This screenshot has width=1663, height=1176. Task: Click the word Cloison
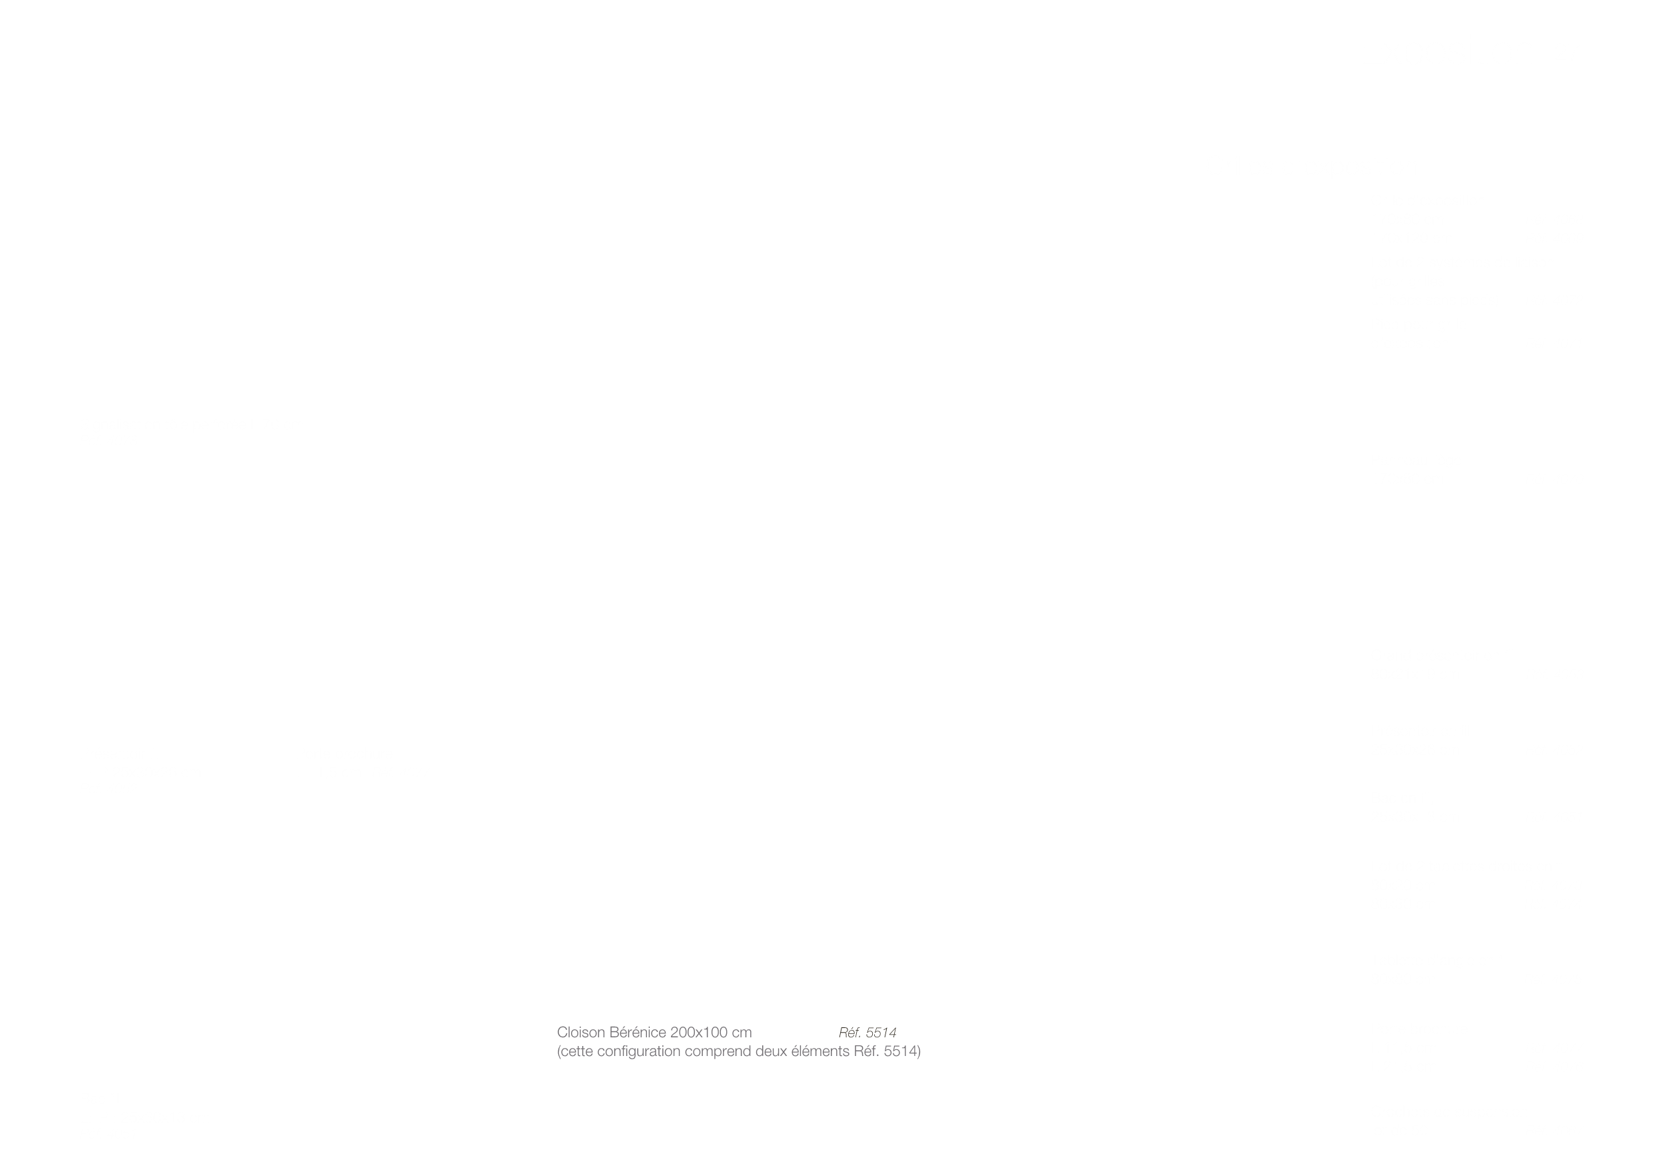pyautogui.click(x=581, y=1032)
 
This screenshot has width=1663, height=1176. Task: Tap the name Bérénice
pyautogui.click(x=638, y=1032)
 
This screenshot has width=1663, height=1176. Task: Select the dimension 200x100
pyautogui.click(x=700, y=1032)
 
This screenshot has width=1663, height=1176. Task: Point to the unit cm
pyautogui.click(x=742, y=1034)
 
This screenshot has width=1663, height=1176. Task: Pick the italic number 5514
pyautogui.click(x=881, y=1033)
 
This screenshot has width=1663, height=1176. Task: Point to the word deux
pyautogui.click(x=770, y=1051)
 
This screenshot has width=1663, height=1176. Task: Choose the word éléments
pyautogui.click(x=820, y=1051)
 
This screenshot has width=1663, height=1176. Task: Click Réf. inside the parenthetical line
pyautogui.click(x=866, y=1051)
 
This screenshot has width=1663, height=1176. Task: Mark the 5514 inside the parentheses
pyautogui.click(x=899, y=1051)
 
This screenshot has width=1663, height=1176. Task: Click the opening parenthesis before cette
pyautogui.click(x=558, y=1052)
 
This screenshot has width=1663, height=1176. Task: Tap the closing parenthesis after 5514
pyautogui.click(x=918, y=1052)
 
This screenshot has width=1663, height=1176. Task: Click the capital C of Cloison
pyautogui.click(x=562, y=1032)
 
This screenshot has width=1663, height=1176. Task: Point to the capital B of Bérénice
pyautogui.click(x=615, y=1032)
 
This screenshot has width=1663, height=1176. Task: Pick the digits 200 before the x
pyautogui.click(x=682, y=1032)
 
